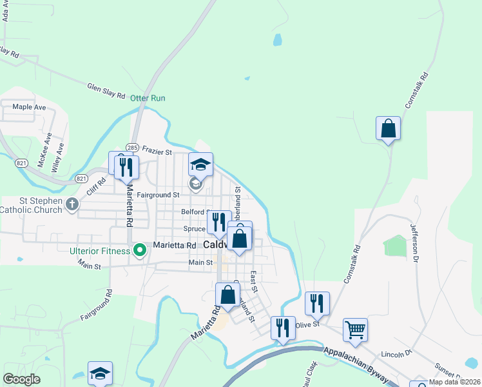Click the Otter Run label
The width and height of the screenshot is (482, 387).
tap(148, 98)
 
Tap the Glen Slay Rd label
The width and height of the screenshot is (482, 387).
tap(106, 90)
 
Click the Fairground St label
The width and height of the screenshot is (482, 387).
tap(158, 195)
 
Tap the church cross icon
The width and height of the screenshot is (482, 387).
tap(72, 205)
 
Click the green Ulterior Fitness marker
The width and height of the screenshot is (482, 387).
tap(139, 250)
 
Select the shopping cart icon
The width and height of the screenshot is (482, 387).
tap(355, 330)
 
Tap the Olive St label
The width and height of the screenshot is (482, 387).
tap(307, 324)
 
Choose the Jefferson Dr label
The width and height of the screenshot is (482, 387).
tap(416, 243)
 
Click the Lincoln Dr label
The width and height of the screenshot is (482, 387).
tap(396, 354)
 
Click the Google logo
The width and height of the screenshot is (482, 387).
tap(21, 379)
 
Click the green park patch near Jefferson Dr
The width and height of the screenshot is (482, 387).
tap(395, 246)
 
